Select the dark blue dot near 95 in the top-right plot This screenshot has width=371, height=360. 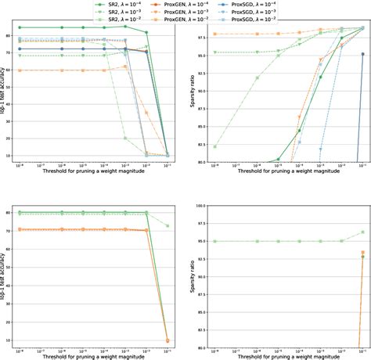tap(363, 55)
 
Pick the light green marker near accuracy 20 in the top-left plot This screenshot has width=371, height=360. tap(125, 138)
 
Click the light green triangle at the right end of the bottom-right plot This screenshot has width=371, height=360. tap(363, 232)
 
